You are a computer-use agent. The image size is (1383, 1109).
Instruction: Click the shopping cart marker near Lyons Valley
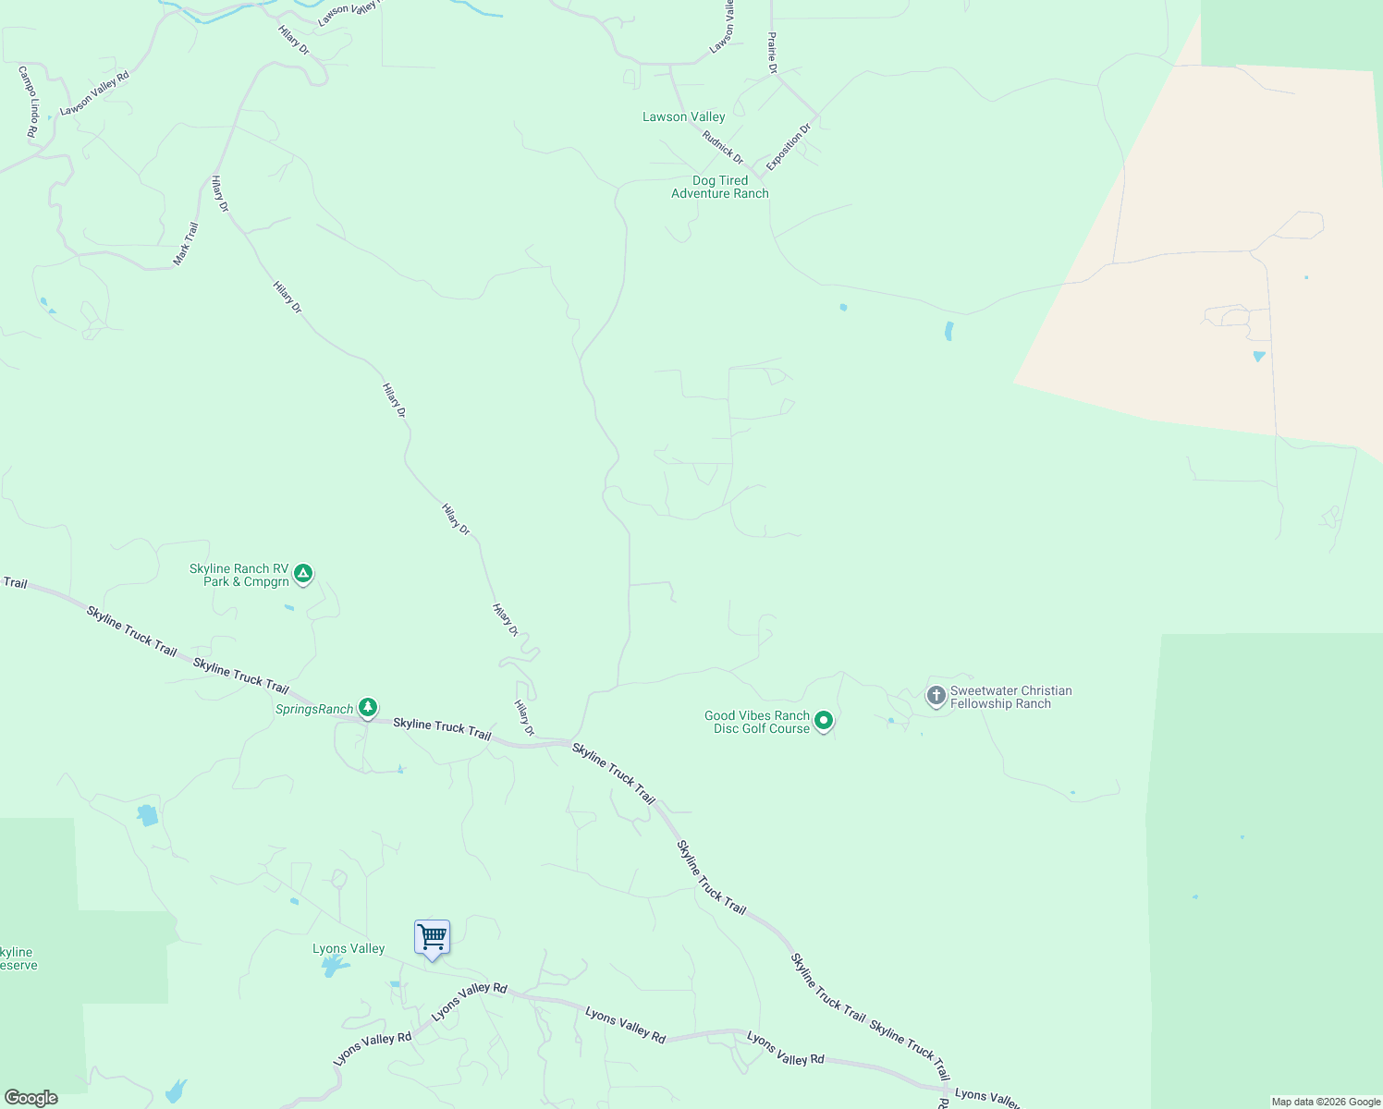432,938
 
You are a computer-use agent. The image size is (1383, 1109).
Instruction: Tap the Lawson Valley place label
684,116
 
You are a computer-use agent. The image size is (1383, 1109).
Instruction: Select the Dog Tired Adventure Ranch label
720,187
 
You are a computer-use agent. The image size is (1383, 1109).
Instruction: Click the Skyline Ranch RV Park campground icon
303,574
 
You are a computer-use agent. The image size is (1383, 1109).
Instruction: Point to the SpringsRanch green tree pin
368,708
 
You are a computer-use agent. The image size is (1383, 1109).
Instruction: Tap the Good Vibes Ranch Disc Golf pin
824,721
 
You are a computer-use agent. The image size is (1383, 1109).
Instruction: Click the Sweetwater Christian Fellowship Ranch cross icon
936,695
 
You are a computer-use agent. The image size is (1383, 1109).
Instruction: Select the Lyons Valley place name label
349,948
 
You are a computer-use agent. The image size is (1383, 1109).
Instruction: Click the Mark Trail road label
186,244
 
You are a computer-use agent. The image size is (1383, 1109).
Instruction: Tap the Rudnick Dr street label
722,148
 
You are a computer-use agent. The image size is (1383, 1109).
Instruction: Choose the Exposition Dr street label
788,146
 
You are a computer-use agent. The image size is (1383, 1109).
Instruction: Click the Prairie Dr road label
772,53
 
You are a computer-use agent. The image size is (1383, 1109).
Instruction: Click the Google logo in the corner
31,1098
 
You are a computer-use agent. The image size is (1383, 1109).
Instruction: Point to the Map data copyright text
1325,1102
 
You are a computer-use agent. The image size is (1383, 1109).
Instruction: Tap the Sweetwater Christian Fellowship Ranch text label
1010,697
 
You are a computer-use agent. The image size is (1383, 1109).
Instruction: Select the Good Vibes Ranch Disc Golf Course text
757,722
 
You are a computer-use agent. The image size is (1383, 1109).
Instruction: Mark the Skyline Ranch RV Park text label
240,575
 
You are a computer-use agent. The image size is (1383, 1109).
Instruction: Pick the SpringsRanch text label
314,709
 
